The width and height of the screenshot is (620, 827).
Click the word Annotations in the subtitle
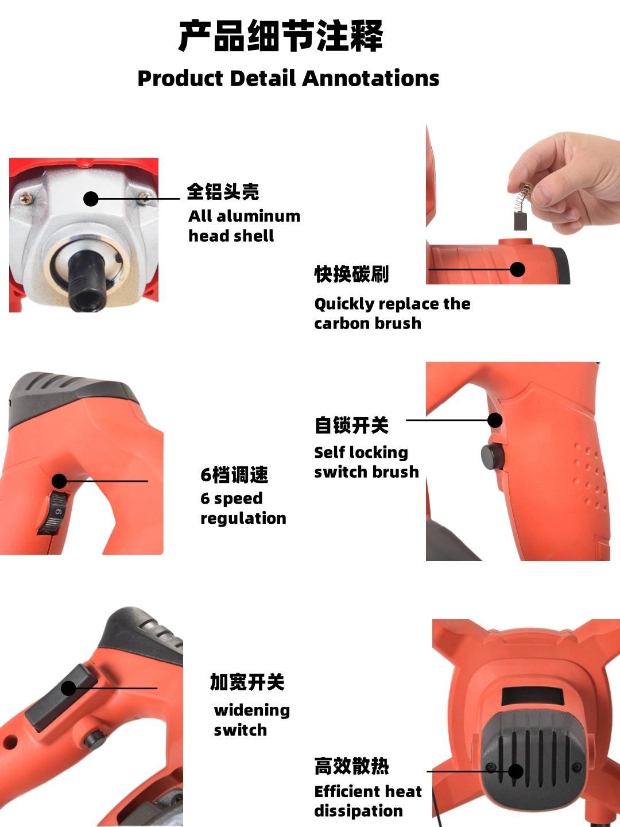(371, 79)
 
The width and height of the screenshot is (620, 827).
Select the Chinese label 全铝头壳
(223, 192)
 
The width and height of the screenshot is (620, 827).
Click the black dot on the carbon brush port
(517, 269)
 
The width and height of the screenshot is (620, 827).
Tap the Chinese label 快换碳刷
(351, 275)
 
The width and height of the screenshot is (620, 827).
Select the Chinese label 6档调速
(234, 475)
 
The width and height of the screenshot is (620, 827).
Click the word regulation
(243, 519)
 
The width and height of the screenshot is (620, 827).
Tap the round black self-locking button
(492, 457)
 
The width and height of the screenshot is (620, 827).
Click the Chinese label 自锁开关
(351, 426)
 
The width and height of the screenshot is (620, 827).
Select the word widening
(251, 710)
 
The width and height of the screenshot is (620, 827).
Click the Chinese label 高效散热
(351, 766)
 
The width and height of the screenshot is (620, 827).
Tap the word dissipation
(358, 811)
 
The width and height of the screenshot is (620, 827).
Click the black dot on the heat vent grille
(516, 771)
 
